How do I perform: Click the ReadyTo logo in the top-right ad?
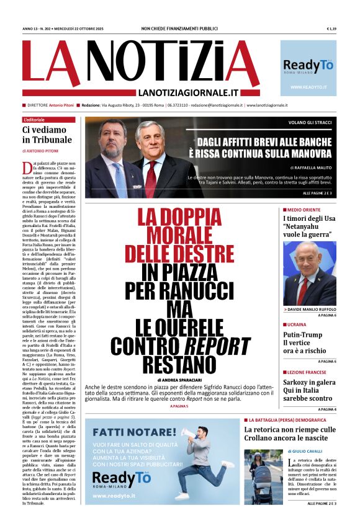click(x=308, y=66)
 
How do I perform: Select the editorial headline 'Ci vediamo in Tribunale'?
click(x=43, y=135)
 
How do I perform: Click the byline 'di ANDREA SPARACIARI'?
click(x=180, y=379)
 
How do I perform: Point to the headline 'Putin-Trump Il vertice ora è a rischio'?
click(x=304, y=341)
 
